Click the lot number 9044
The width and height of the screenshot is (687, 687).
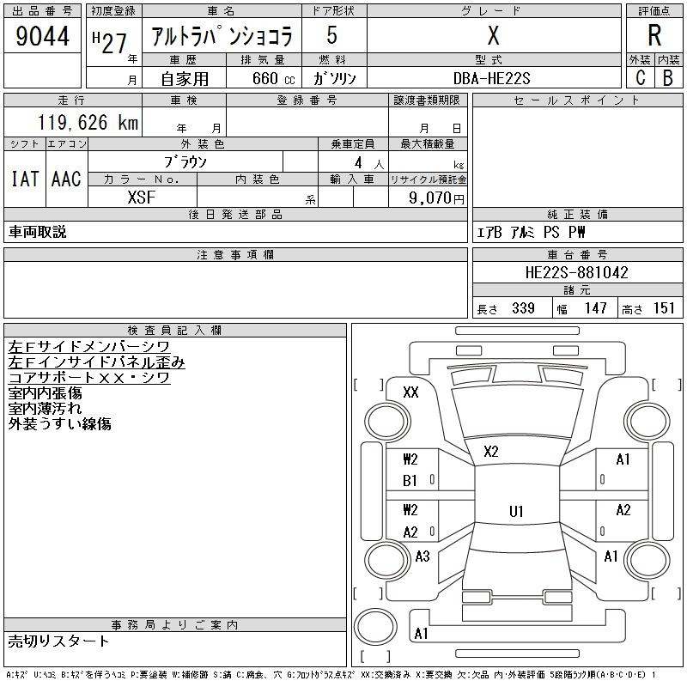pos(42,36)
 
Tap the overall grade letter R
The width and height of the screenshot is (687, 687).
pos(654,35)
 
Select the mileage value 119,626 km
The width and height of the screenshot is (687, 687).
pos(88,122)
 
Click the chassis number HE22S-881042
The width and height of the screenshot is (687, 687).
pos(576,272)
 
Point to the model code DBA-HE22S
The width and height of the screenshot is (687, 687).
pos(491,78)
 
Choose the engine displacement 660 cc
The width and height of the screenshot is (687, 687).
pos(273,78)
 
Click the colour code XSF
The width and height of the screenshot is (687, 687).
pos(142,198)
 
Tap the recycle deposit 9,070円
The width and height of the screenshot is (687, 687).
pos(436,198)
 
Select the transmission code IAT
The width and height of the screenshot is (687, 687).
pos(25,179)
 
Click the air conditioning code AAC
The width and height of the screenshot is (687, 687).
pos(66,179)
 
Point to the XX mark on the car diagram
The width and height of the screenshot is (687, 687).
pos(410,392)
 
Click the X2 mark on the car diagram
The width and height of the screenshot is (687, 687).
pos(491,452)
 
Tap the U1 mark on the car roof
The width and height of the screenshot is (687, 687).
pos(516,511)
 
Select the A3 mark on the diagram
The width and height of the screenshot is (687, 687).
pos(423,556)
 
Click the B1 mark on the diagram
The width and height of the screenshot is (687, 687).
pos(410,481)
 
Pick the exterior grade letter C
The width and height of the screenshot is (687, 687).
pos(641,78)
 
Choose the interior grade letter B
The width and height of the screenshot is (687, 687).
pos(668,78)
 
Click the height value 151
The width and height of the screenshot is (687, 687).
pos(664,308)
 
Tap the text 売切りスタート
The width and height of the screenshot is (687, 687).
pos(58,641)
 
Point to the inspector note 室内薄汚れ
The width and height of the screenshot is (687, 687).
pos(45,409)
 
